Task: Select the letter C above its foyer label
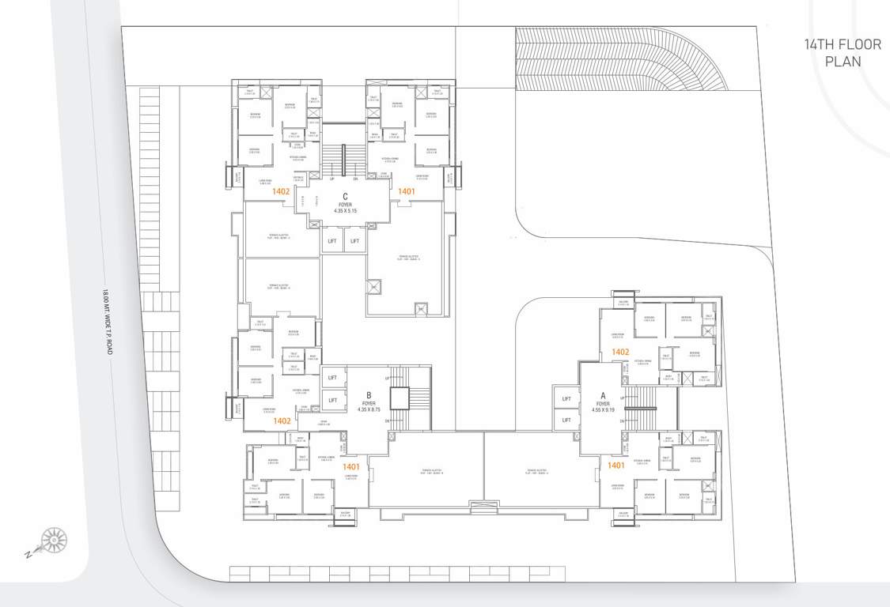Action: tap(346, 196)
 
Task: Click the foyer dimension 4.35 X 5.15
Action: tap(346, 211)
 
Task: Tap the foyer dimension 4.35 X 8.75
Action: tap(369, 409)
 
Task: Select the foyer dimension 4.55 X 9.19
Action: tap(602, 409)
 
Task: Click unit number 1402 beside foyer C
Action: tap(281, 191)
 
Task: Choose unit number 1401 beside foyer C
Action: tap(407, 191)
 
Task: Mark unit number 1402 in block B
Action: tap(281, 421)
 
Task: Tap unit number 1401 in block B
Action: tap(351, 467)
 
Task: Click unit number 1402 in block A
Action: tap(619, 352)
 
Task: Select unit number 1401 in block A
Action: tap(618, 466)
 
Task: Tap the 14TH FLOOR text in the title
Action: tap(842, 44)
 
